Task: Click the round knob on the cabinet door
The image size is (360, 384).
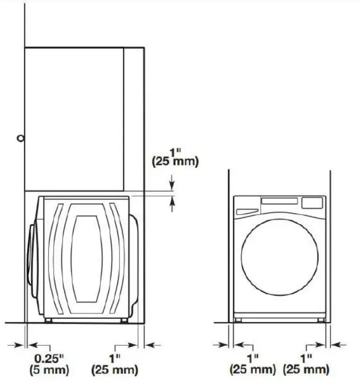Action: click(x=20, y=138)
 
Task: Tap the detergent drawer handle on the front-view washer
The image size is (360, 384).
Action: click(x=246, y=211)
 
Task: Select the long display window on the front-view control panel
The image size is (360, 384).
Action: click(x=279, y=202)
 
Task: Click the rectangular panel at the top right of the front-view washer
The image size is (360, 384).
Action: click(x=312, y=203)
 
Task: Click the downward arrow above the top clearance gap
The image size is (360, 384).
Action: click(x=172, y=183)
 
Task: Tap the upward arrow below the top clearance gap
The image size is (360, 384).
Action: click(x=172, y=203)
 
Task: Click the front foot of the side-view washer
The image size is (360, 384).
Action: click(x=49, y=320)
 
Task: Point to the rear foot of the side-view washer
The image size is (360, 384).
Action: click(x=124, y=320)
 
